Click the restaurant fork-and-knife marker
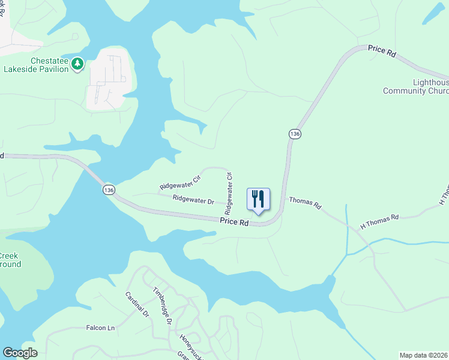click(x=259, y=199)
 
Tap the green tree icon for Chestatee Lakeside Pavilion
click(x=77, y=64)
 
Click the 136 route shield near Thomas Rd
click(x=294, y=134)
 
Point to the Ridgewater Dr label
click(x=193, y=199)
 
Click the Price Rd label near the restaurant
click(x=234, y=222)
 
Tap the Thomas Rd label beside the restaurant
click(x=305, y=202)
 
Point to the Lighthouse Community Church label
click(x=415, y=87)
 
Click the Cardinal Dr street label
click(x=136, y=304)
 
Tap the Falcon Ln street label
click(x=100, y=328)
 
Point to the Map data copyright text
click(x=424, y=355)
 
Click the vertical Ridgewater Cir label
click(x=229, y=193)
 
